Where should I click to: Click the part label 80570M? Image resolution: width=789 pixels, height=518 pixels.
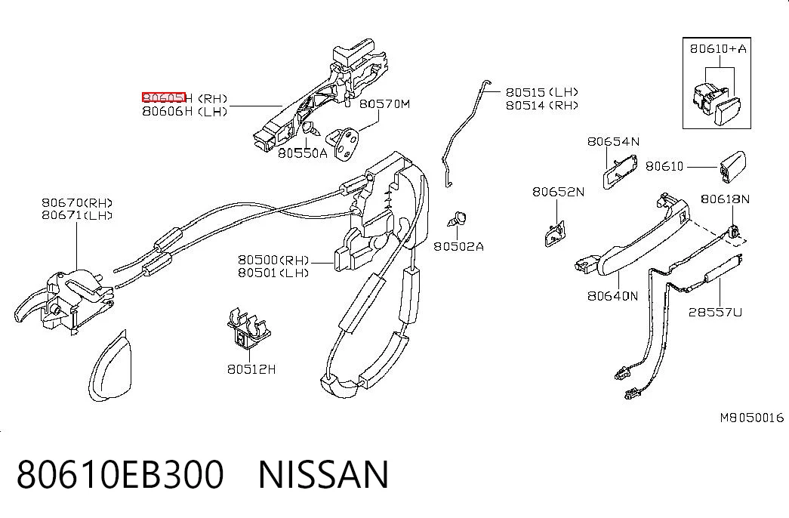coord(384,104)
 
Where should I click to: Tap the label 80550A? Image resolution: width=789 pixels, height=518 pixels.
coord(303,153)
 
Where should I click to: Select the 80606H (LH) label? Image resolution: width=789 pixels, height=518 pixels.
coord(185,111)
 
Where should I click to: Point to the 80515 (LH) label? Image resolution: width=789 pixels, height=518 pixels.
coord(542,92)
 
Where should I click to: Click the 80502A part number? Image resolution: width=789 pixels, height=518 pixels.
coord(458,246)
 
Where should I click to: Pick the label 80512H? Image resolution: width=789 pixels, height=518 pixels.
coord(251,369)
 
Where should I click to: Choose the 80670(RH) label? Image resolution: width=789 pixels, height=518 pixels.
coord(77,202)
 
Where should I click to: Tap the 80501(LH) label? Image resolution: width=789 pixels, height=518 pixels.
coord(273,273)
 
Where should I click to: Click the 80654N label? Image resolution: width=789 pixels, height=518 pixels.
coord(613,141)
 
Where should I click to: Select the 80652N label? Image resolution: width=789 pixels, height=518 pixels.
coord(559,192)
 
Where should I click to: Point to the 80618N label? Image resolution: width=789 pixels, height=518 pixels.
coord(725,199)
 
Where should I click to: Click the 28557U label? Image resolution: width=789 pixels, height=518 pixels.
coord(715,312)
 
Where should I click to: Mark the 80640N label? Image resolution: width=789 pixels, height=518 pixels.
coord(612,296)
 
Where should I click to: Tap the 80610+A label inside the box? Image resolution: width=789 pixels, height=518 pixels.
coord(718,49)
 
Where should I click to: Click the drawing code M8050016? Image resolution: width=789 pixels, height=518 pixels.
coord(752,418)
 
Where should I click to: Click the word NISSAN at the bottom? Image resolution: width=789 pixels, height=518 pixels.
coord(324,474)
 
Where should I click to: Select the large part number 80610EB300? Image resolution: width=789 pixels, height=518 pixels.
coord(120,474)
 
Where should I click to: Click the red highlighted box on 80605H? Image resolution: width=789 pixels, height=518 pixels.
coord(164,97)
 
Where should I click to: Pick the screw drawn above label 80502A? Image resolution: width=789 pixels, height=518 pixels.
coord(458,220)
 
